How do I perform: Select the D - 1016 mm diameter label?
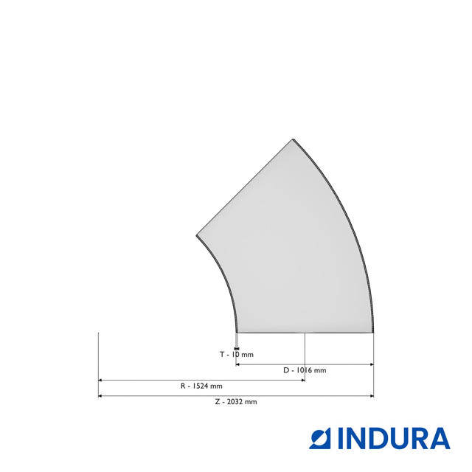tap(305, 370)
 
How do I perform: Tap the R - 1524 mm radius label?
tap(201, 386)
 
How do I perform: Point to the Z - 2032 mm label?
tap(236, 402)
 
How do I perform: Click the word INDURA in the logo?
tap(393, 439)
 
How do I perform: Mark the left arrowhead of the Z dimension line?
tap(100, 396)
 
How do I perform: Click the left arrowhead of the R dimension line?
tap(100, 381)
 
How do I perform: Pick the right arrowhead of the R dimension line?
tap(303, 381)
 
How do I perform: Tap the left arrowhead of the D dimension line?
tap(237, 364)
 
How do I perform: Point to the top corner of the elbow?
tap(294, 139)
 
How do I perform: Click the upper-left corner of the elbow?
tap(197, 235)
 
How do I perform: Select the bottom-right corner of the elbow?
tap(372, 333)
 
